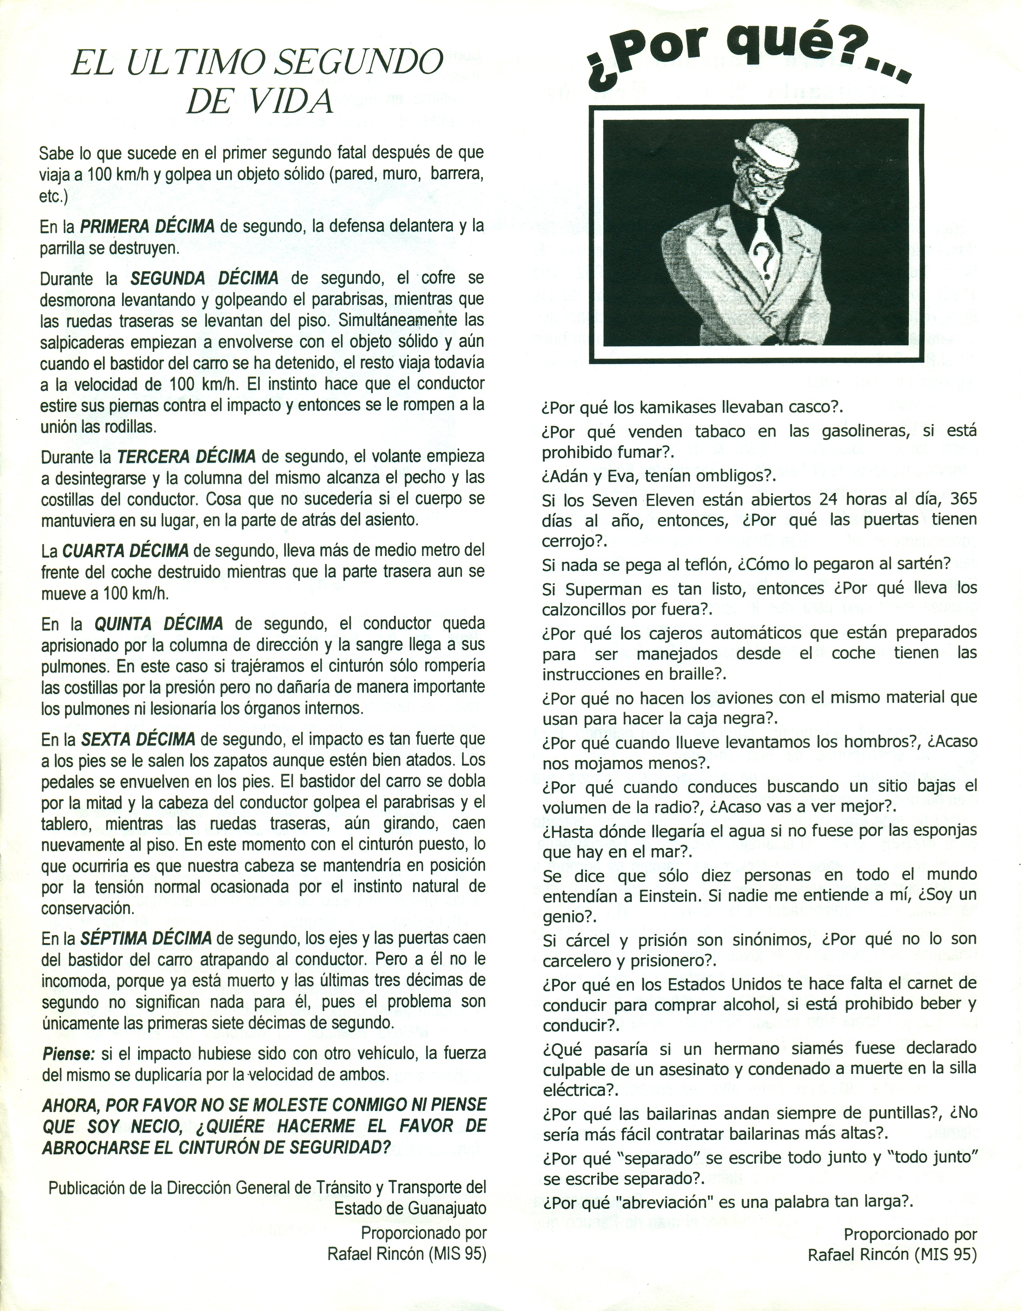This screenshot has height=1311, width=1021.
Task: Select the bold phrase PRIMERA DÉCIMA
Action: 147,227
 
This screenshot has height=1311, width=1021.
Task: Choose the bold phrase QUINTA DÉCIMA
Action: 159,624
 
